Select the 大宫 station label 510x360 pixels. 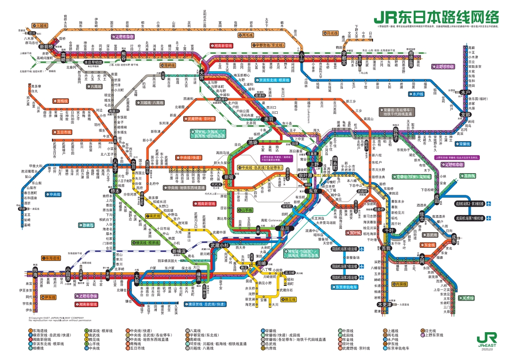point(202,75)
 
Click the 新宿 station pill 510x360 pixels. point(229,176)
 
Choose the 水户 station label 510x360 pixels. point(466,92)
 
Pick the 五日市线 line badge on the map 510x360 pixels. point(62,132)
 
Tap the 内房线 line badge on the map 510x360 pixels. point(399,284)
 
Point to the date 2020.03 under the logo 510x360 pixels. point(486,350)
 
